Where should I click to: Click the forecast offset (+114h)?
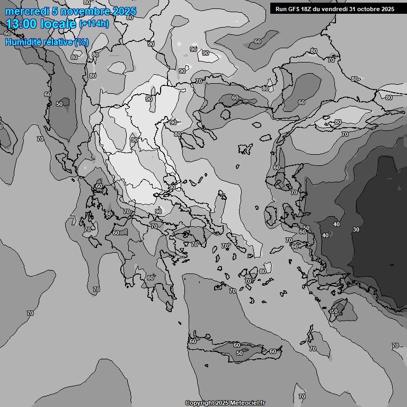[94, 24]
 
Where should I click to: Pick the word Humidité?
[23, 42]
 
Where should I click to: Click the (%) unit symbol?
[82, 42]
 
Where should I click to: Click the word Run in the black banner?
[280, 9]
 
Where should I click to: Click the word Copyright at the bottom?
[199, 403]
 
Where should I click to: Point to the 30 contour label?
[356, 229]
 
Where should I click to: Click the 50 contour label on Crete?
[240, 353]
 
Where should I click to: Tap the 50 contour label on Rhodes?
[334, 311]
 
